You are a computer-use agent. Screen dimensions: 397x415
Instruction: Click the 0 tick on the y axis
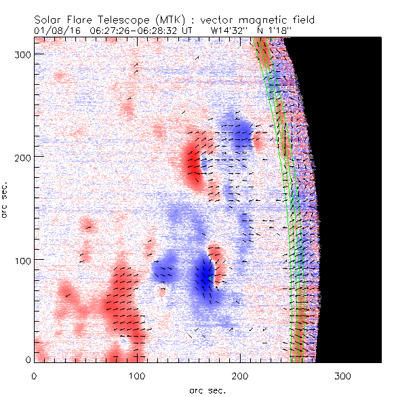tap(28, 360)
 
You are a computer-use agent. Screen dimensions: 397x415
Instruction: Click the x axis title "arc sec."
tap(207, 390)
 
